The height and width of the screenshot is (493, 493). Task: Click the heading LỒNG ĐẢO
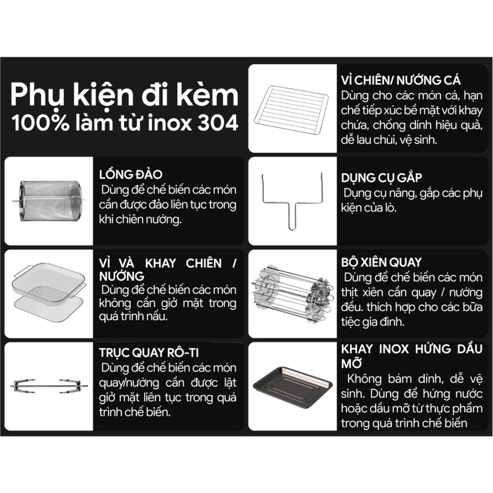(131, 174)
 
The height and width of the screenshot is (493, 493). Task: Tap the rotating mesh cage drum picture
(48, 201)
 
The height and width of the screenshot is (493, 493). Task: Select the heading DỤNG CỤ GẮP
(381, 178)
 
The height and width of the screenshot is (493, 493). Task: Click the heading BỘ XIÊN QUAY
(381, 262)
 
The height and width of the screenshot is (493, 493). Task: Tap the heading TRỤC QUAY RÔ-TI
(149, 353)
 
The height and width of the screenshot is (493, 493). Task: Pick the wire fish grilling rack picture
(291, 108)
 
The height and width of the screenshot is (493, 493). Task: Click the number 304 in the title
(218, 123)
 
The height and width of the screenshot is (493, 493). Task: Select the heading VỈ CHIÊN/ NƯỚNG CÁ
(401, 80)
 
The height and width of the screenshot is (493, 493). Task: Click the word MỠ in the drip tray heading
(351, 363)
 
